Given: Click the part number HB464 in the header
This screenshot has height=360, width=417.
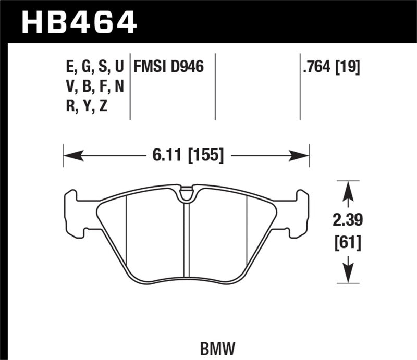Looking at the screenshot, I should (x=78, y=22).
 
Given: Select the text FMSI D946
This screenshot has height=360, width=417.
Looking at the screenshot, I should (x=168, y=67).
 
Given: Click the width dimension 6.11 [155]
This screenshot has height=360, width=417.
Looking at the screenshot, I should (x=186, y=154).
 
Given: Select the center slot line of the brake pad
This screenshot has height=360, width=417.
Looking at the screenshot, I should (x=186, y=240).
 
